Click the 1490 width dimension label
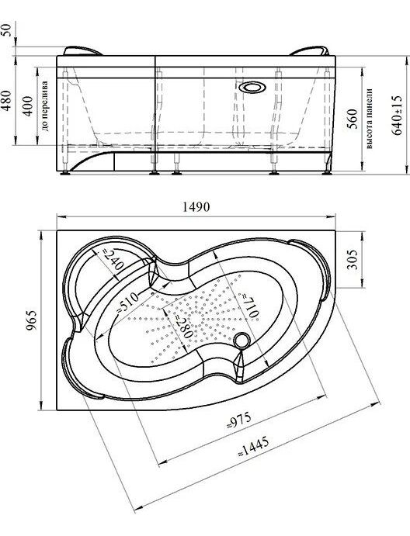coord(196,207)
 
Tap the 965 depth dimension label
coord(31,320)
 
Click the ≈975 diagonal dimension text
coord(239,420)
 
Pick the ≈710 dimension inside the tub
coord(251,306)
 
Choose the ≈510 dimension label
coord(128,303)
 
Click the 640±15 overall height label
coord(397,116)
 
